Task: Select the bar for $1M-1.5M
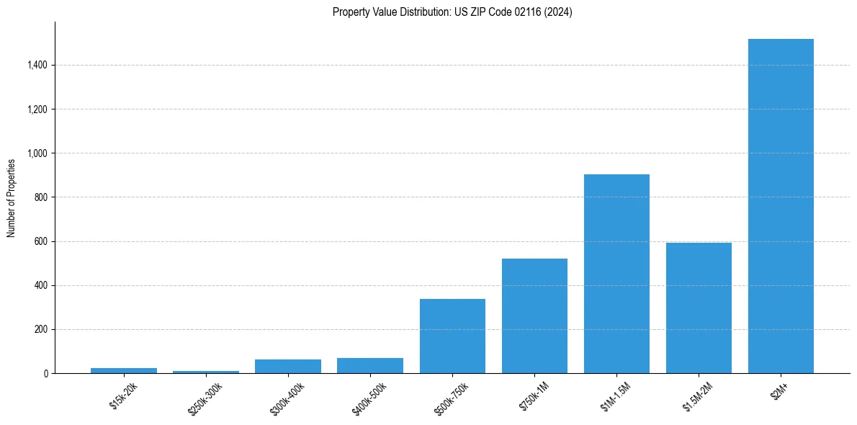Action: (x=616, y=274)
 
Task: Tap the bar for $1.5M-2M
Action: (x=699, y=308)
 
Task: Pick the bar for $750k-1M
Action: (x=534, y=316)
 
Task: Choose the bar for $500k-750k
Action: (x=452, y=336)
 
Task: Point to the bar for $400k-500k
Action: (x=370, y=365)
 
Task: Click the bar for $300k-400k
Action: (x=288, y=366)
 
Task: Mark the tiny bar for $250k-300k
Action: (x=206, y=372)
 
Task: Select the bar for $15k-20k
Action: (x=124, y=370)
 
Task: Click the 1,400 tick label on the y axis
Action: (x=37, y=66)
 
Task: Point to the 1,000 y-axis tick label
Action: (x=37, y=153)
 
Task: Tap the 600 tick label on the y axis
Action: (x=42, y=241)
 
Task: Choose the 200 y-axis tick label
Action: (x=42, y=330)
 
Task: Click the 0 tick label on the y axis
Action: (x=46, y=374)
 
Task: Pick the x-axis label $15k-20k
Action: (x=122, y=395)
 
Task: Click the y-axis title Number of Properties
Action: (x=11, y=197)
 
